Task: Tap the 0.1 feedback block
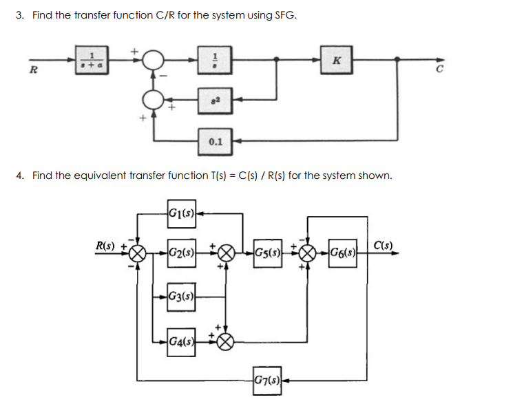click(x=215, y=142)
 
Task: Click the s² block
click(x=215, y=100)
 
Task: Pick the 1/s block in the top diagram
click(x=215, y=60)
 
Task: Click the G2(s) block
click(x=180, y=251)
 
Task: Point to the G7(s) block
click(x=266, y=379)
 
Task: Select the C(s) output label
click(x=384, y=244)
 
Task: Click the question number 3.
click(x=19, y=15)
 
